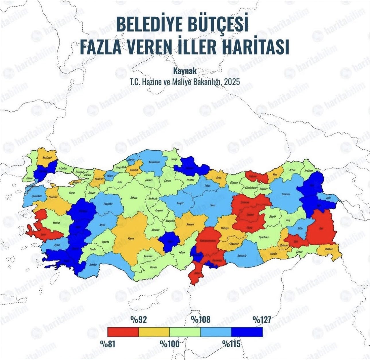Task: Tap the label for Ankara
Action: coord(134,198)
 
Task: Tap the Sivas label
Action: coord(213,206)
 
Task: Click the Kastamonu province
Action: coord(152,165)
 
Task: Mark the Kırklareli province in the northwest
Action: coord(46,158)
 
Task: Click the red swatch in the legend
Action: coord(123,332)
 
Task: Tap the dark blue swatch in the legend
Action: coord(247,332)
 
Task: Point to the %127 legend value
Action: coord(262,320)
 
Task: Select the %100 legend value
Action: coord(170,344)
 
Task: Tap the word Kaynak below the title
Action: coord(185,71)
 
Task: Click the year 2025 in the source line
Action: coord(232,82)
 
